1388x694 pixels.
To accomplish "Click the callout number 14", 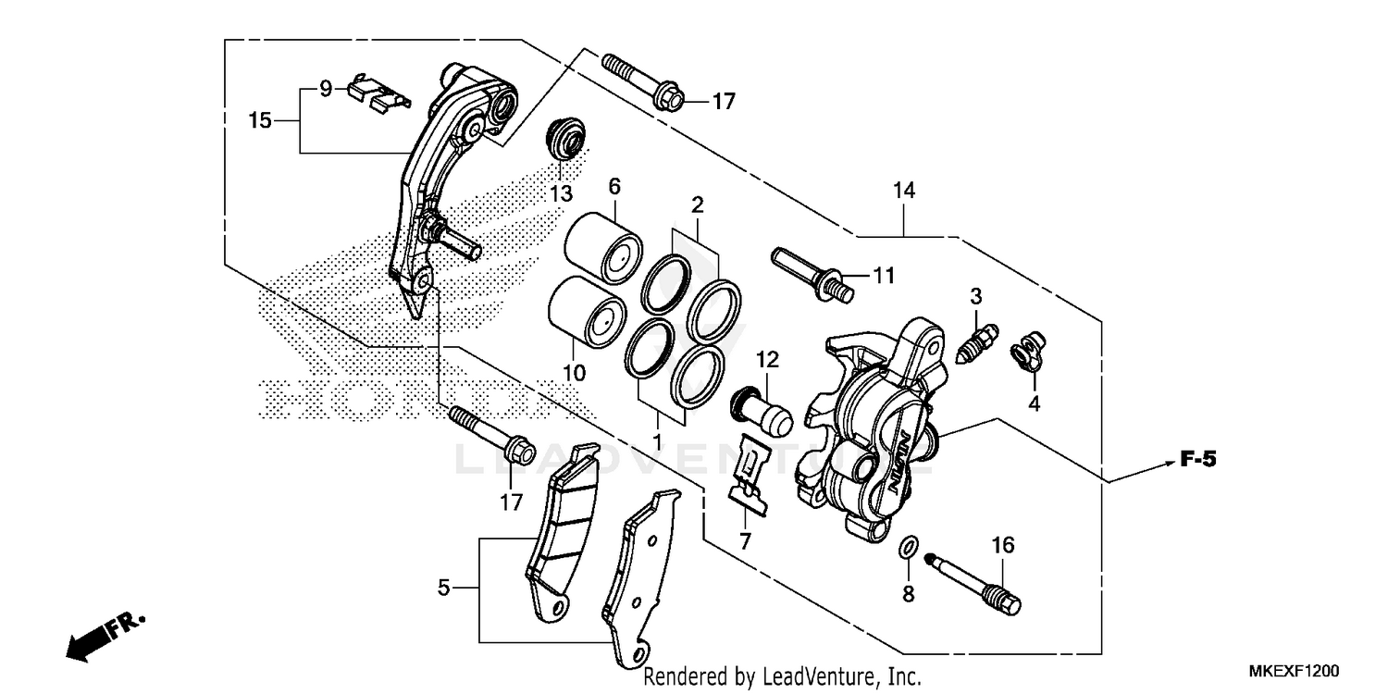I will (903, 192).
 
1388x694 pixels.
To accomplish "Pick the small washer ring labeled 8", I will (909, 549).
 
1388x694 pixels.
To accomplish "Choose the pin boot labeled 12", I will (763, 413).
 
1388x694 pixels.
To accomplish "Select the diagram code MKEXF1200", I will (1294, 671).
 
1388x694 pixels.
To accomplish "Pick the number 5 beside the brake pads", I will (444, 587).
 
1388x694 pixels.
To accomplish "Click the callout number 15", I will (260, 119).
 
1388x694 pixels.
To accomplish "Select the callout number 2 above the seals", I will (698, 204).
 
